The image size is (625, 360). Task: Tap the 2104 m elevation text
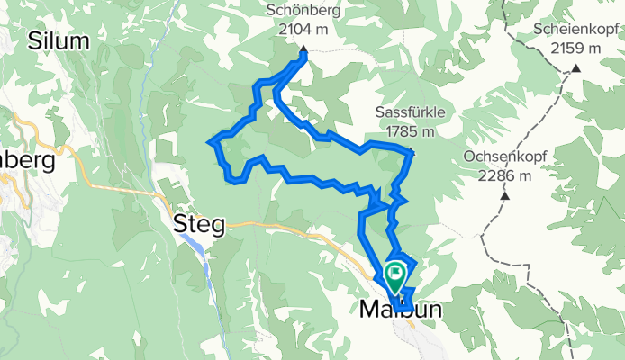tap(303, 30)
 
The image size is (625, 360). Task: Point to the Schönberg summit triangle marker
tap(303, 50)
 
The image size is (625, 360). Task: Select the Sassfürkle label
tap(410, 114)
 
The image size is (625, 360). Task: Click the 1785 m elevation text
tap(410, 131)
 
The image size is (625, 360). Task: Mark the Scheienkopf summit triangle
tap(575, 68)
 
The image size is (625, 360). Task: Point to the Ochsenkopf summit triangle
tap(505, 195)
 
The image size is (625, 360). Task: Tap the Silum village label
tap(59, 40)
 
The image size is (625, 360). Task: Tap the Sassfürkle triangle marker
tap(411, 151)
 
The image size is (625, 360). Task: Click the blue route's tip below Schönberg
tap(303, 57)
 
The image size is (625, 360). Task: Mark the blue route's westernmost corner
tap(210, 141)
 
